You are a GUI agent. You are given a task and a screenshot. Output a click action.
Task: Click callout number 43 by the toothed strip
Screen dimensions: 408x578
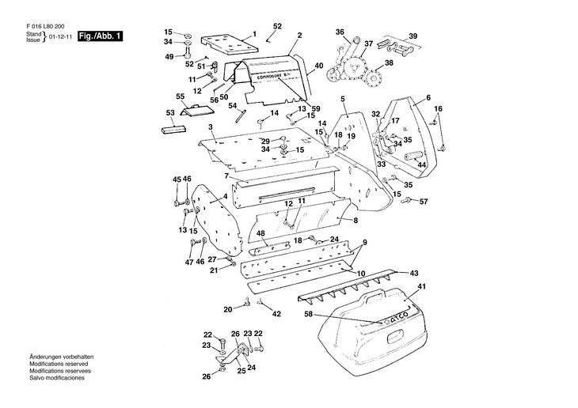[414, 273]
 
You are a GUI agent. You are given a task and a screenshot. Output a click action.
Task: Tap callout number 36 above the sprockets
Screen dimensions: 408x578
[340, 32]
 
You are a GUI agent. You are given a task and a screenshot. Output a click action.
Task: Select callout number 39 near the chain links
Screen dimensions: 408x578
[413, 36]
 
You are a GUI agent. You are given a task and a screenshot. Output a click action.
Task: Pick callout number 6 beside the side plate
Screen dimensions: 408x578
[428, 97]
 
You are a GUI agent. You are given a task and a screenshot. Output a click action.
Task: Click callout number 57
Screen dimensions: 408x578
[424, 202]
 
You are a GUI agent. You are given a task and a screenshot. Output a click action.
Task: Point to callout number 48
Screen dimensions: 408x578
[260, 233]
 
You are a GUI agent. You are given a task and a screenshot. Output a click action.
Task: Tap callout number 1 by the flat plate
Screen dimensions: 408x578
[254, 33]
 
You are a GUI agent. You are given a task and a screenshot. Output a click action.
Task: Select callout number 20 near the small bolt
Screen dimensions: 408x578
[227, 308]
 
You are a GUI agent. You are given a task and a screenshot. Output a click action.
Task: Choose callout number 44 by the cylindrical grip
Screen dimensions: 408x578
[422, 164]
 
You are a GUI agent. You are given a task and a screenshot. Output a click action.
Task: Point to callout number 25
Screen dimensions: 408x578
[241, 371]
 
